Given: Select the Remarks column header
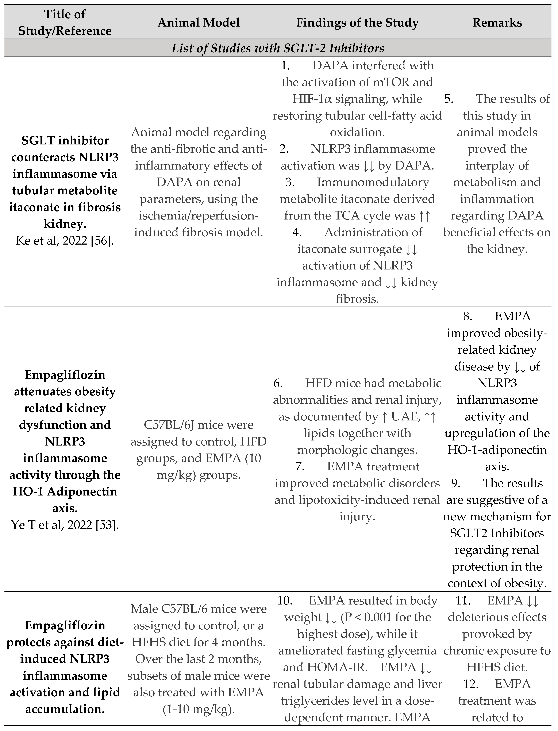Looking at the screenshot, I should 497,23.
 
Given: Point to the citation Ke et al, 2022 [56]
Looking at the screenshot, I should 65,241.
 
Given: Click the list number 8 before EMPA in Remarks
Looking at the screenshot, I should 468,316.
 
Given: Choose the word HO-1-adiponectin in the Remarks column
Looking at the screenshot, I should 497,450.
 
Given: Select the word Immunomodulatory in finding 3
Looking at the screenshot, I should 373,182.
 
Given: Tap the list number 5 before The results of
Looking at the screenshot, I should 449,99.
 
